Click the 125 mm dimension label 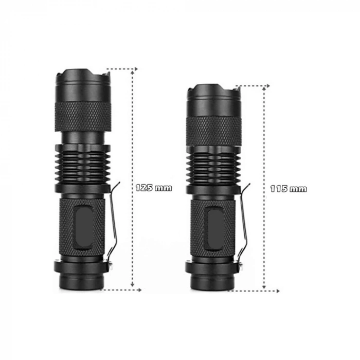click(x=154, y=188)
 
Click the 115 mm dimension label click(x=289, y=189)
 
